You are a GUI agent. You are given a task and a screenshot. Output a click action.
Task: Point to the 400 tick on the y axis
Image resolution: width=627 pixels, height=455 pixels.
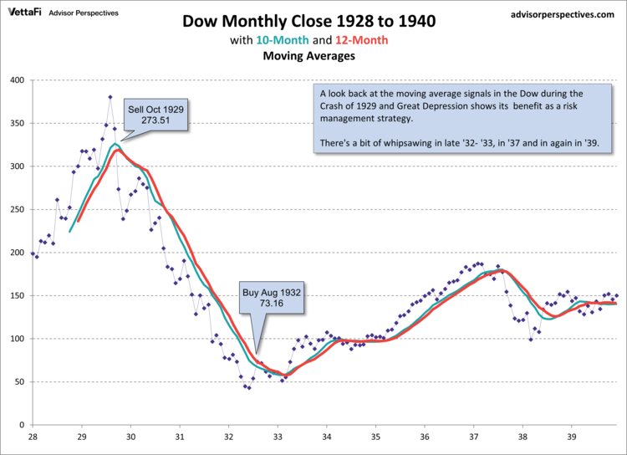pyautogui.click(x=16, y=80)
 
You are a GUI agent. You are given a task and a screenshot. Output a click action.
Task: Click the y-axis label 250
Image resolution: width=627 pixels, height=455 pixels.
pyautogui.click(x=16, y=209)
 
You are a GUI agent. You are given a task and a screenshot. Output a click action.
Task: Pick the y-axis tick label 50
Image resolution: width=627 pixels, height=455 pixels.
pyautogui.click(x=19, y=381)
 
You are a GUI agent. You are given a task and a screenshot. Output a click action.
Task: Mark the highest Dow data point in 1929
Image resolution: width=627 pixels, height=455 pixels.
pyautogui.click(x=110, y=97)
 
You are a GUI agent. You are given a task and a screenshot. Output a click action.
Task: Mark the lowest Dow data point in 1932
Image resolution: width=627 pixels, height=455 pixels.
pyautogui.click(x=248, y=387)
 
